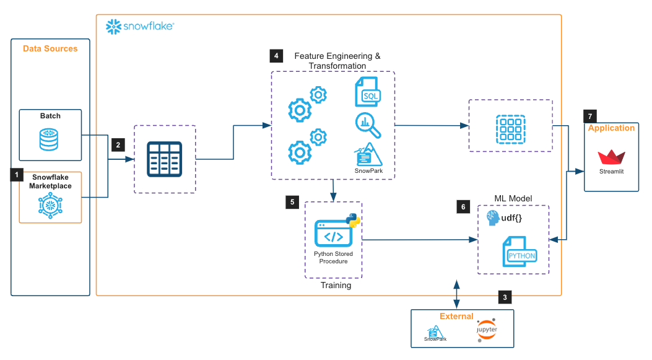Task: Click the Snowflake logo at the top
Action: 139,26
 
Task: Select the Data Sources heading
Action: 50,48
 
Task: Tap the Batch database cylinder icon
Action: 50,139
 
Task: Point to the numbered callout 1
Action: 17,175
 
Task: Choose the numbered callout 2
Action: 118,145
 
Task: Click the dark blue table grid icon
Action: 164,159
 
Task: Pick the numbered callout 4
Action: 276,56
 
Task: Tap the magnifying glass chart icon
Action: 368,125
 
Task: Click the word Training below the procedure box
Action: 336,286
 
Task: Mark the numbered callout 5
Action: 292,202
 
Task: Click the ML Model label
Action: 513,198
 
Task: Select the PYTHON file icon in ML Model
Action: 521,252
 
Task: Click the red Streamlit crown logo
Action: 611,156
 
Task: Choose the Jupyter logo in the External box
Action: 487,331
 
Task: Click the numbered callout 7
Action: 589,116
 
